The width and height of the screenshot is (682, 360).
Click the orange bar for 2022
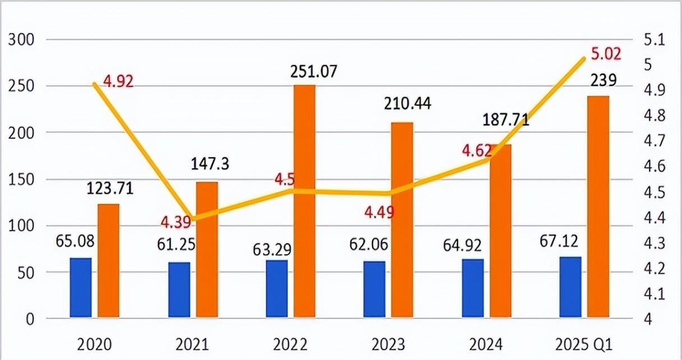click(x=305, y=202)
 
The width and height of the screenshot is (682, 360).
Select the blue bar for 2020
click(x=81, y=288)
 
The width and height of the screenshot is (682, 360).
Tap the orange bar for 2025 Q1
click(x=598, y=207)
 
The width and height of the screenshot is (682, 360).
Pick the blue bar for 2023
click(x=374, y=290)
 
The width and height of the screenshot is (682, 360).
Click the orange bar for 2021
click(x=207, y=250)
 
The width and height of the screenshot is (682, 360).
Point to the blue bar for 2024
click(x=472, y=289)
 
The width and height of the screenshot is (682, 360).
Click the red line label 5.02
click(x=606, y=54)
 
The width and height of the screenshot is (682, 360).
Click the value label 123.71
click(x=110, y=188)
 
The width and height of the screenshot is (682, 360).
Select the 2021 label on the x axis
click(x=192, y=343)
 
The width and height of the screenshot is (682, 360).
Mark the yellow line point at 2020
click(x=95, y=84)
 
